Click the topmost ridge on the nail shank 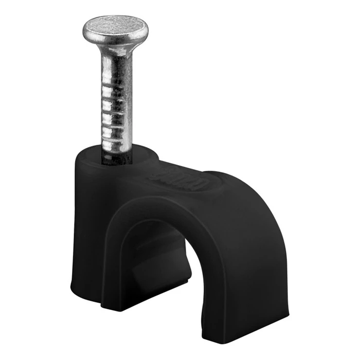[x=117, y=86]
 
